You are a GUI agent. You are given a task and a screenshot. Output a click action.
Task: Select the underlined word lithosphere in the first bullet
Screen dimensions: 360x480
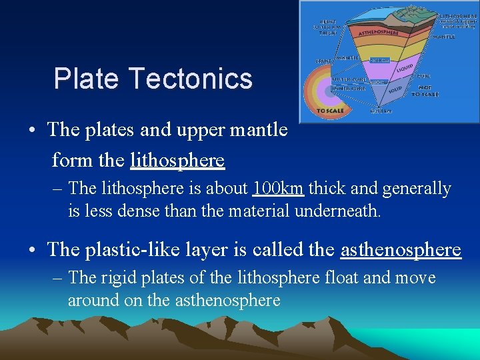[x=177, y=161]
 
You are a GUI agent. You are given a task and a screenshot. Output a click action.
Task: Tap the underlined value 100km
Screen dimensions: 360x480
[x=279, y=189]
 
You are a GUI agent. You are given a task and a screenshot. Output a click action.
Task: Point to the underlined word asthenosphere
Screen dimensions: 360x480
[x=400, y=249]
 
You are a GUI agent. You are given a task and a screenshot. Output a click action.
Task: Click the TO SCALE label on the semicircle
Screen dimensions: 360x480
[x=330, y=111]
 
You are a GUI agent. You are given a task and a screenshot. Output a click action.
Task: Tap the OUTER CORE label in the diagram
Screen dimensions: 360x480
[x=347, y=80]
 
